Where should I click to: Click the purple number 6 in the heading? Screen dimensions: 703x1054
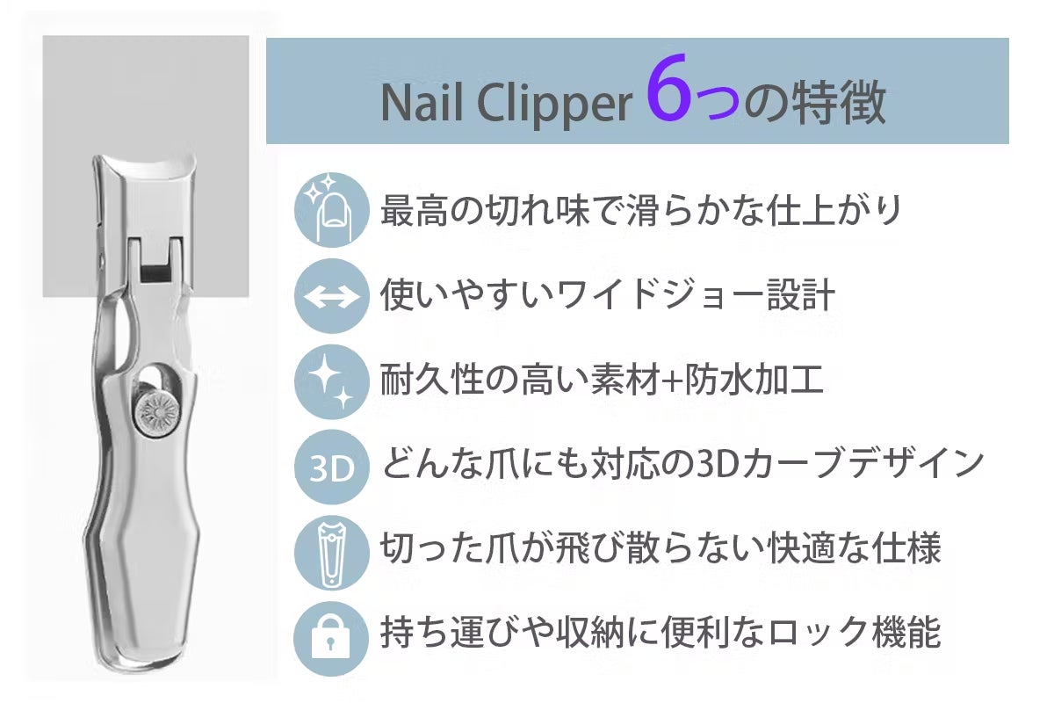668,96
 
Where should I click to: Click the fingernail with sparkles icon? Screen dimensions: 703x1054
329,209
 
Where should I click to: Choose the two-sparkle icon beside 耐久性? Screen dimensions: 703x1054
329,381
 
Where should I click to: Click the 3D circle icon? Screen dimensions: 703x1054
329,467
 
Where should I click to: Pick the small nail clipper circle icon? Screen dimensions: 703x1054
329,552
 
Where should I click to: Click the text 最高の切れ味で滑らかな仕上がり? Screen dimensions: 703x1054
640,210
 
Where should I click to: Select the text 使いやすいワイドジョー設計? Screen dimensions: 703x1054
607,295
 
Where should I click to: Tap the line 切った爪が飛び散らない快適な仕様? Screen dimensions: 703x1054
660,550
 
